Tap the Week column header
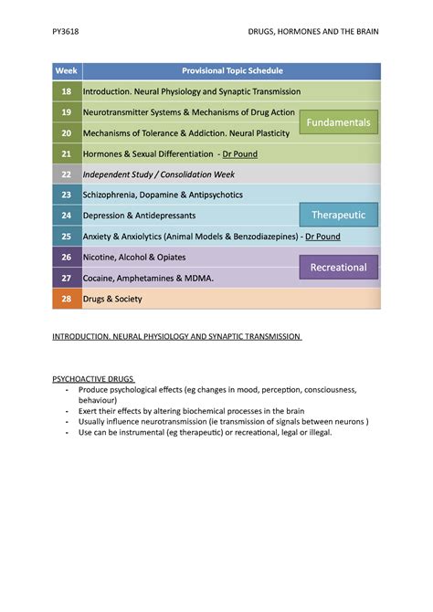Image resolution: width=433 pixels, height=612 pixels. click(x=66, y=70)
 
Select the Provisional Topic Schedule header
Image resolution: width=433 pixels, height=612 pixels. click(x=232, y=70)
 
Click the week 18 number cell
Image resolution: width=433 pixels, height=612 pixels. click(x=66, y=91)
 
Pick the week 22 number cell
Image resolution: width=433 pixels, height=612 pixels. click(x=66, y=174)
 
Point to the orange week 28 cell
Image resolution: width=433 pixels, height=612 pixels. click(x=66, y=299)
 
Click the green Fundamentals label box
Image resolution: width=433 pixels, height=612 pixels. click(x=338, y=121)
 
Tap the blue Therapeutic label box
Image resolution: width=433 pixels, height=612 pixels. click(x=338, y=215)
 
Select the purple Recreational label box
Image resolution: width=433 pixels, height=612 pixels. click(x=338, y=267)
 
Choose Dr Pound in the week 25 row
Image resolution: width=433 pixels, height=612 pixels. click(x=322, y=236)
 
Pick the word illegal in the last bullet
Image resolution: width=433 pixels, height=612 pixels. click(x=316, y=432)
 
